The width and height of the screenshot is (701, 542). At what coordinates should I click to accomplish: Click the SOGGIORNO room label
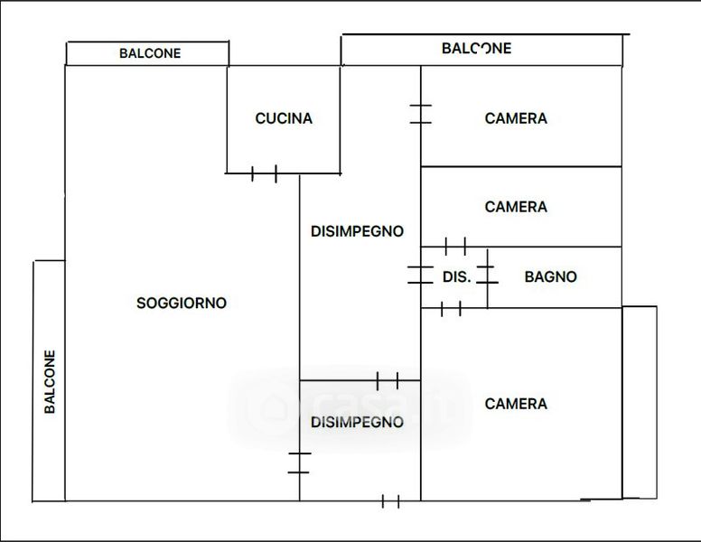[181, 304]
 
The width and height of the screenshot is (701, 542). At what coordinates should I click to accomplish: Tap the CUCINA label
[284, 118]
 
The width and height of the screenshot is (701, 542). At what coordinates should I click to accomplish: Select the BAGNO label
[550, 277]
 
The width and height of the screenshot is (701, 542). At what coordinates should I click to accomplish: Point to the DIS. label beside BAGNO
[456, 277]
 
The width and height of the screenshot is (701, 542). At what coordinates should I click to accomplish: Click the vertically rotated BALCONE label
[51, 382]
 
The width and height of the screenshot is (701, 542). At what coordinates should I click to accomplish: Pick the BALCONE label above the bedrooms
[476, 48]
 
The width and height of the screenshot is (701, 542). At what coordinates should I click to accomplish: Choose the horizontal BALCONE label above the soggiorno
[150, 53]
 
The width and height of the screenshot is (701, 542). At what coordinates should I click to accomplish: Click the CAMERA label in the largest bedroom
[516, 404]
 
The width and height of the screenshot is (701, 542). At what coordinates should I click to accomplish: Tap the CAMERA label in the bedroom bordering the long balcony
[516, 118]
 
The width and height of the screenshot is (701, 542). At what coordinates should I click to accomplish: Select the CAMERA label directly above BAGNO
[516, 207]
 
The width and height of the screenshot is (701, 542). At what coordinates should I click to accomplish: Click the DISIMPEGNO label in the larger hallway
[357, 231]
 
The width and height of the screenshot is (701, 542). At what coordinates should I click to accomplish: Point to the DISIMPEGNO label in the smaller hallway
[357, 422]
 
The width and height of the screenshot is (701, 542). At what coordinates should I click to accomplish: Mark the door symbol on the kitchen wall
[264, 173]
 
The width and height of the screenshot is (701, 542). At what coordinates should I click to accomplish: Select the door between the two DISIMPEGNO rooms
[388, 380]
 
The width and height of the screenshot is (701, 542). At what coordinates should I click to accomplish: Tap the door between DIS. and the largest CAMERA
[451, 309]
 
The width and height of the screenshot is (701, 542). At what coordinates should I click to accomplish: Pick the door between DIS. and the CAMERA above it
[455, 246]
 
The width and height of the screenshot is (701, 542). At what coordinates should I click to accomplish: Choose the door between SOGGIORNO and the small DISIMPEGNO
[299, 463]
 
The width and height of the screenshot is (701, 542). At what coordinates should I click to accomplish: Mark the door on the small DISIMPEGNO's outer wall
[390, 501]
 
